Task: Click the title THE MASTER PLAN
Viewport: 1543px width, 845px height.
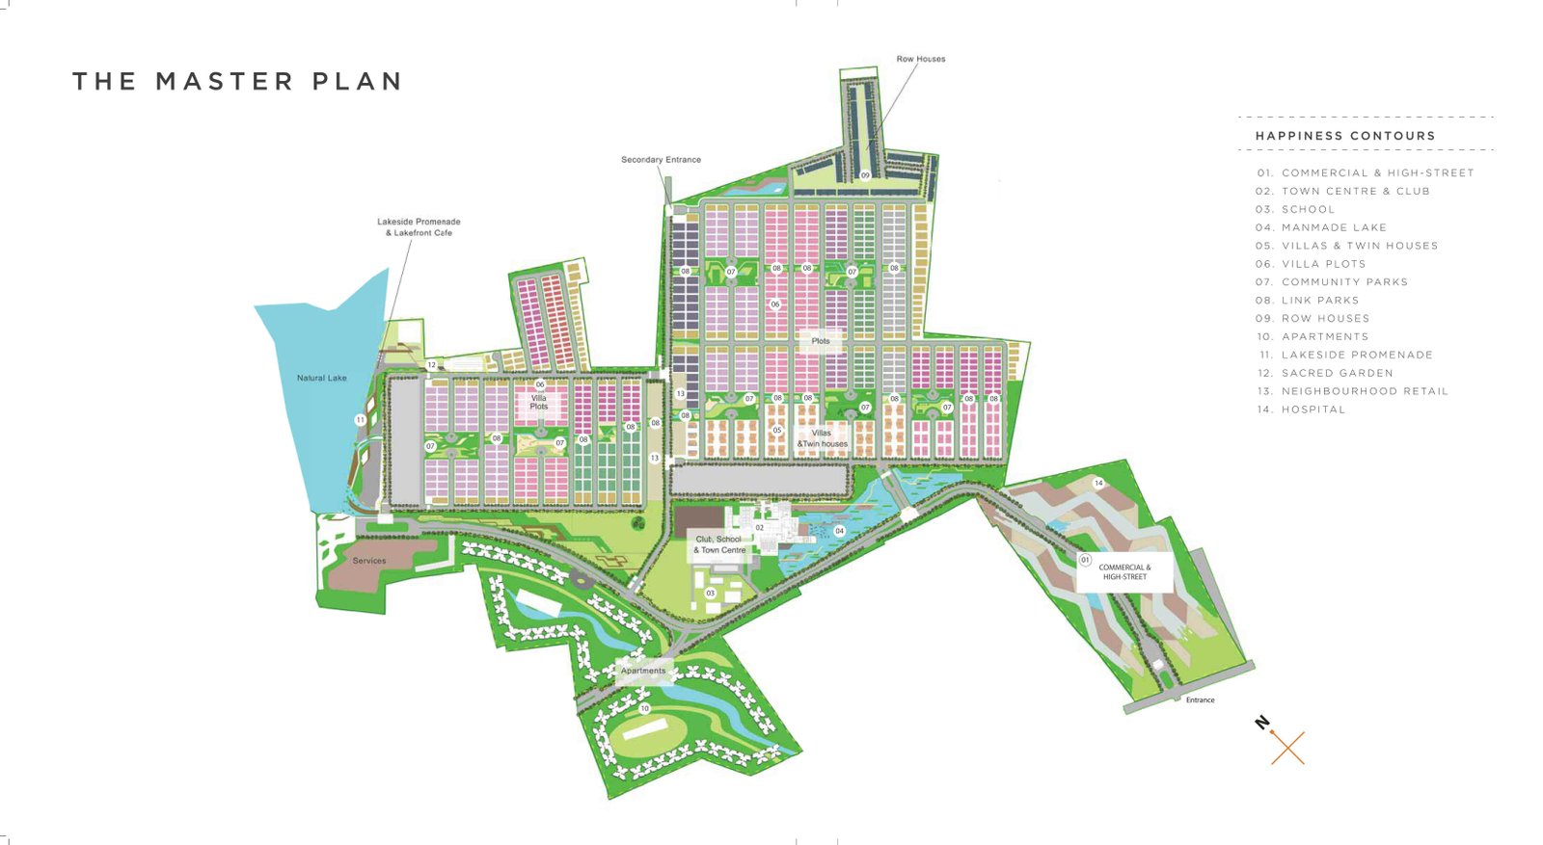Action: tap(237, 82)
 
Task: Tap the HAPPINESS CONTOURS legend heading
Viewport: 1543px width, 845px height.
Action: tap(1345, 136)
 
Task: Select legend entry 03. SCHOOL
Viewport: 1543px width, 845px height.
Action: tap(1295, 209)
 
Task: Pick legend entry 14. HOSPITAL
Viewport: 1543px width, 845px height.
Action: tap(1300, 409)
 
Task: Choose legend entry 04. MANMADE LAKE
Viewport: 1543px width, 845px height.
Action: tap(1320, 227)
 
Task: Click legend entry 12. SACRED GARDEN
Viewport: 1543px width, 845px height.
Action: tap(1324, 373)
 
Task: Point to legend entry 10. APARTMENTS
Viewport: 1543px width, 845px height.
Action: tap(1312, 336)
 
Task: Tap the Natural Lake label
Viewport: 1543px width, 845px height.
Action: tap(321, 378)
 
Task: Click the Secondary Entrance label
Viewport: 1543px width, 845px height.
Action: tap(661, 160)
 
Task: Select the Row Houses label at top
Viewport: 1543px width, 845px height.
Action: tap(921, 59)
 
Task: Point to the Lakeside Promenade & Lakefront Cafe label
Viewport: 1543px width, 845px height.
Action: tap(419, 227)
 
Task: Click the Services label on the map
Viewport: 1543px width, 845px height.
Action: tap(369, 561)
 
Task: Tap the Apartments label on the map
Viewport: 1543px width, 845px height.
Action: tap(643, 671)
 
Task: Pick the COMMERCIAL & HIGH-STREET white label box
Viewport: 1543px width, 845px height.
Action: tap(1124, 572)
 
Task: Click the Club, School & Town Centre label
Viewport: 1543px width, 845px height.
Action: tap(719, 544)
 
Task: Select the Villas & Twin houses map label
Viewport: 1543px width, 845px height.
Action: tap(822, 438)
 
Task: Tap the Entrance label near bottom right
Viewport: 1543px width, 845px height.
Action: tap(1200, 700)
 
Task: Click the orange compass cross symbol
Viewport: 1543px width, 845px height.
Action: tap(1287, 748)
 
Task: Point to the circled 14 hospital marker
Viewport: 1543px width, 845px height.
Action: tap(1098, 483)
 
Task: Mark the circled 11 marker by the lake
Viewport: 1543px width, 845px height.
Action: tap(360, 420)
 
